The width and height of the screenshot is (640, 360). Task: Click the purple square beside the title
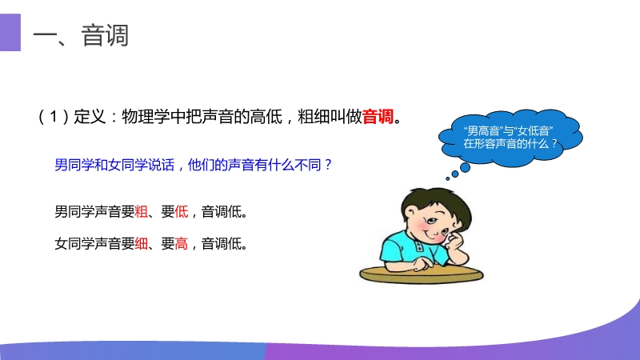coord(10,32)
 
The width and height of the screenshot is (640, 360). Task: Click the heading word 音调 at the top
coord(105,35)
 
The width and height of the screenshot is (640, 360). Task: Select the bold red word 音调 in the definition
coord(378,117)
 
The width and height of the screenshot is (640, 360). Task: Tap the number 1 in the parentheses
coord(54,117)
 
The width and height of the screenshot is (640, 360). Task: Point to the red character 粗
coord(142,212)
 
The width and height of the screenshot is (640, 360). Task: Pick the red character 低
coord(182,212)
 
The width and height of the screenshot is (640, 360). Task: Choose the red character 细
coord(142,244)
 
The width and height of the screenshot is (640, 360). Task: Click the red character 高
coord(182,244)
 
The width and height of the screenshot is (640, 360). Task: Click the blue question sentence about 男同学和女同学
coord(194,165)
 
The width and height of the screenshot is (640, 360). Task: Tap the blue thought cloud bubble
coord(510,138)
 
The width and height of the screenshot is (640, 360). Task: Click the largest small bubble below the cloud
coord(465,167)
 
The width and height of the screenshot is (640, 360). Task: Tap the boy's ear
coord(410,213)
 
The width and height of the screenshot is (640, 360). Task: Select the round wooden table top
coord(422,274)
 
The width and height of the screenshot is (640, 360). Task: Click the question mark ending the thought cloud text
coord(554,144)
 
